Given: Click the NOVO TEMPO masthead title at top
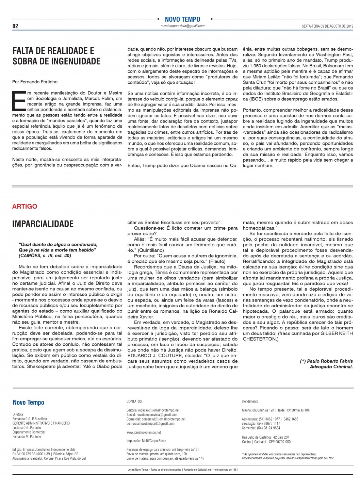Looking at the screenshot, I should click(x=182, y=19).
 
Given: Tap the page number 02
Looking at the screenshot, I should click(x=15, y=26).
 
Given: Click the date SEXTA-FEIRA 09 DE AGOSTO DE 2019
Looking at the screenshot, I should click(x=327, y=26).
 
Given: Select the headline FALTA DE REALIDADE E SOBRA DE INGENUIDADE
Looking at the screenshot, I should click(x=56, y=56).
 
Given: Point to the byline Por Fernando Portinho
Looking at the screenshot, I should click(x=35, y=82).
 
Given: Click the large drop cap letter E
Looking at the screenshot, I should click(x=18, y=101).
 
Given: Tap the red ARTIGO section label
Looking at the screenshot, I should click(x=24, y=207).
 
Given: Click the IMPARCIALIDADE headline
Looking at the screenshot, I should click(x=43, y=224).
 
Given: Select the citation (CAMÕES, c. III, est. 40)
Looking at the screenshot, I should click(x=45, y=256).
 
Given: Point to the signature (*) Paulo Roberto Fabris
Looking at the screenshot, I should click(x=326, y=361).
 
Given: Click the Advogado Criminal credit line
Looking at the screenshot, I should click(x=331, y=366).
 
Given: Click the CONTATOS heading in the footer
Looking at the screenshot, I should click(x=134, y=402).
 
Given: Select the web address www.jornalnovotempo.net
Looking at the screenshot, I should click(x=144, y=432).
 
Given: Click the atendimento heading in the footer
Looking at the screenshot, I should click(x=250, y=402).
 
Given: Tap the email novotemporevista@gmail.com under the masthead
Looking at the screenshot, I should click(x=182, y=26).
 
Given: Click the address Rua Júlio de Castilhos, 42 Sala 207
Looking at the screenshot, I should click(x=265, y=437).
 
